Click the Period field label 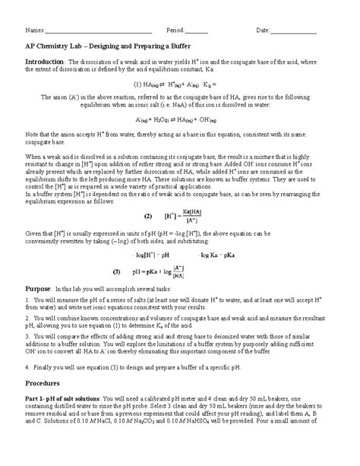[174, 30]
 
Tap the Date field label [264, 30]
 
